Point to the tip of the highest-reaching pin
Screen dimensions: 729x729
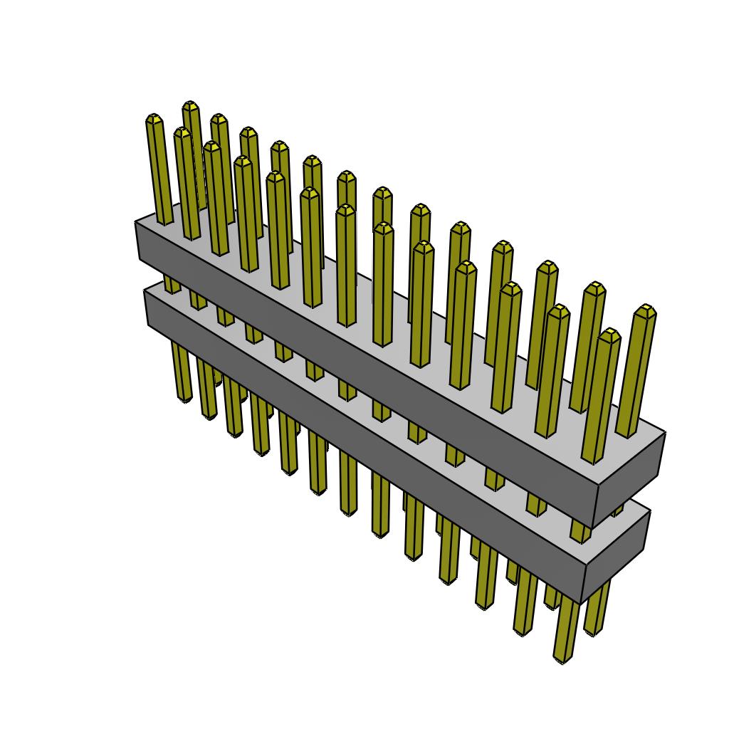point(190,105)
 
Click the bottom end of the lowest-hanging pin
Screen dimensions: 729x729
point(562,660)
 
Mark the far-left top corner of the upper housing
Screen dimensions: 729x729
point(136,222)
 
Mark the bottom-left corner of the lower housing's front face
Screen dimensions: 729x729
point(147,325)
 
